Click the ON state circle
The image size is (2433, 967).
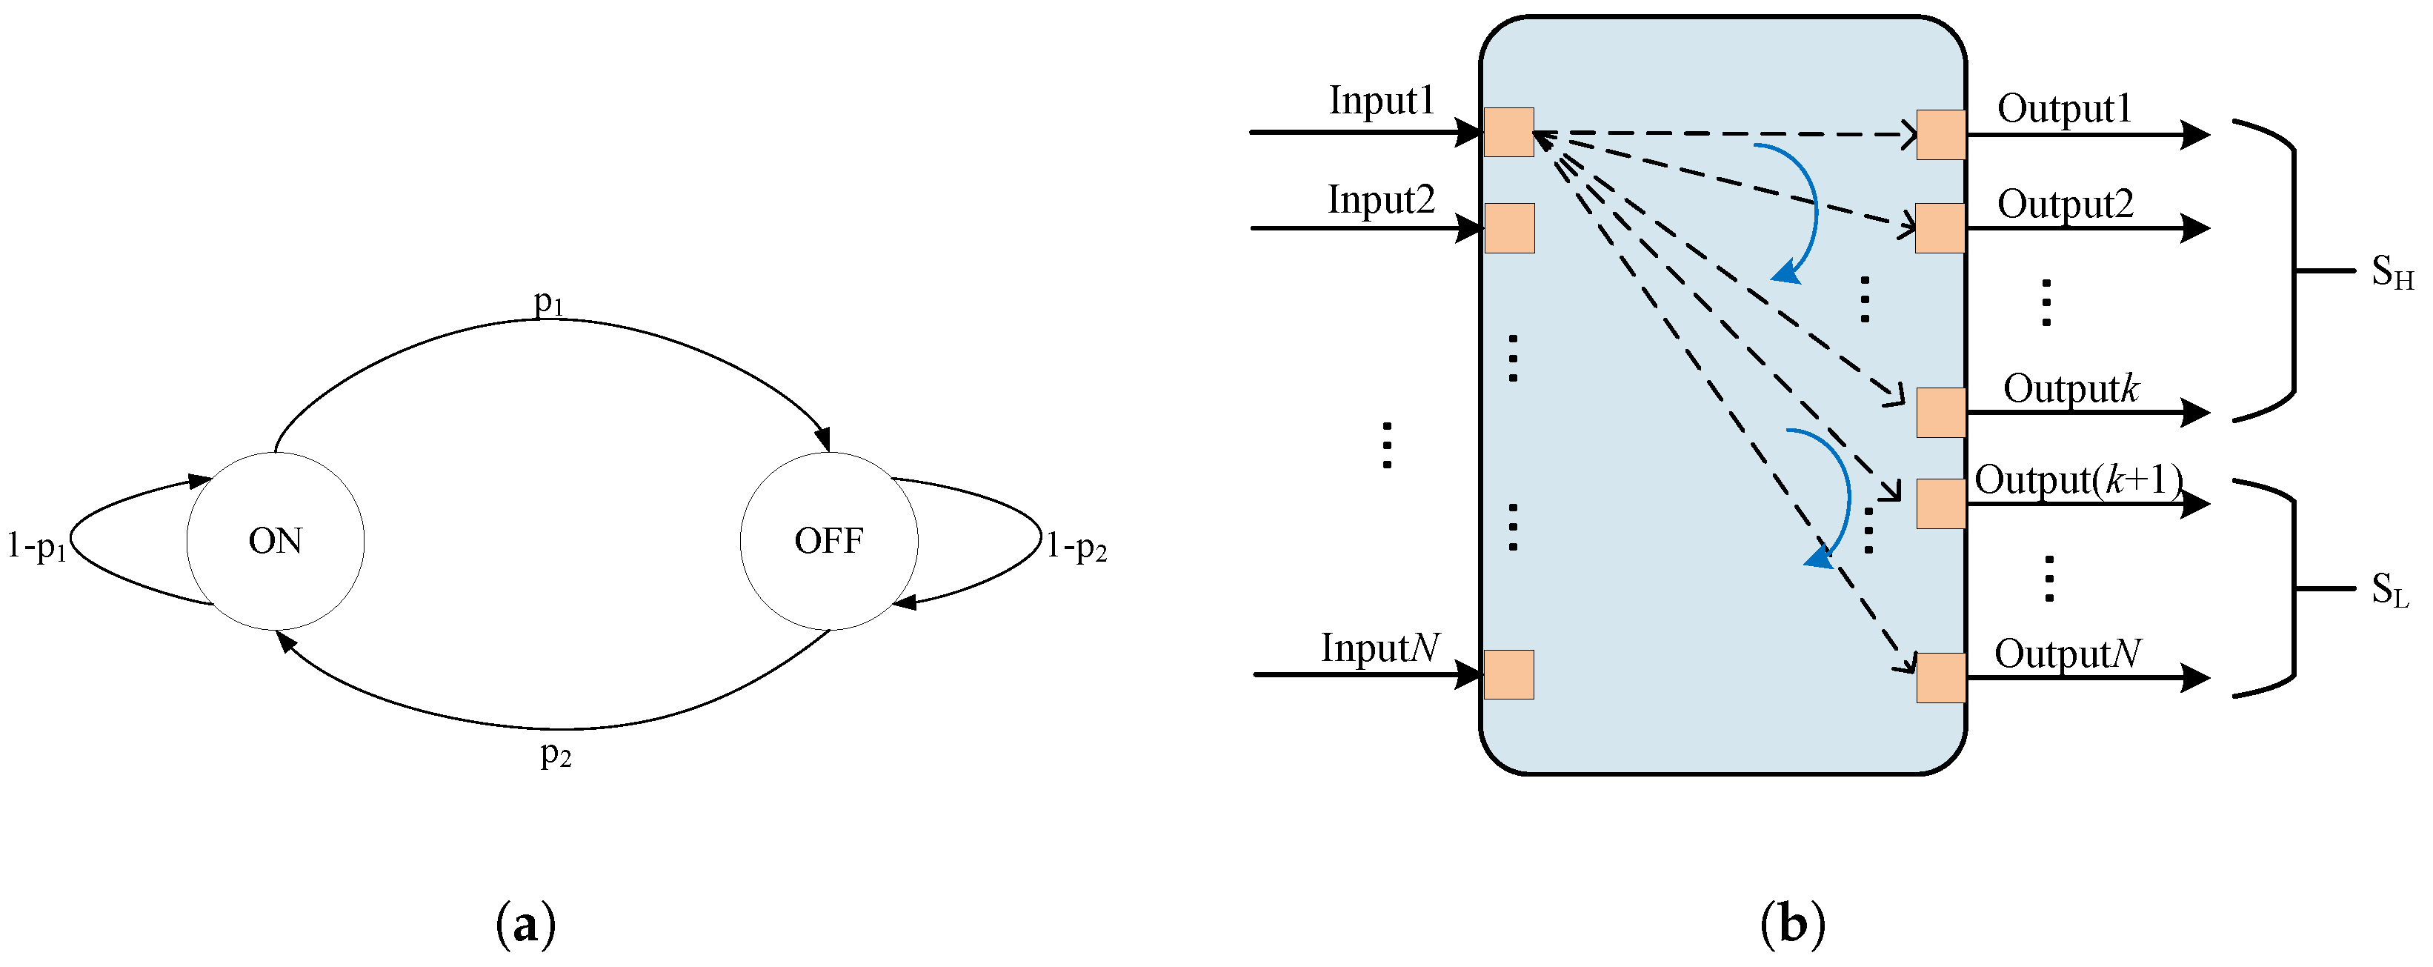point(275,541)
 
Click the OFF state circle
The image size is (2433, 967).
point(828,541)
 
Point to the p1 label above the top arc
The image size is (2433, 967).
point(549,302)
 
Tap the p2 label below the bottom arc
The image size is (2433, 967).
point(556,754)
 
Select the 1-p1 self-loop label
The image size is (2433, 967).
point(37,546)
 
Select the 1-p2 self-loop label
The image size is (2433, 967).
point(1076,546)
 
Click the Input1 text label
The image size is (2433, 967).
point(1381,100)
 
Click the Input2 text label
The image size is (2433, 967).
point(1381,199)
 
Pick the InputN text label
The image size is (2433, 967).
point(1380,648)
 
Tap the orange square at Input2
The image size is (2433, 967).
point(1509,228)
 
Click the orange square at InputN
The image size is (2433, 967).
point(1508,674)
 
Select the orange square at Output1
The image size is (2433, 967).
point(1941,135)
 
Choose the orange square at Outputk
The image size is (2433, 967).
point(1941,413)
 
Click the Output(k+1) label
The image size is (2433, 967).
point(2078,479)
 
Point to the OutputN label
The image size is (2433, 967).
point(2066,654)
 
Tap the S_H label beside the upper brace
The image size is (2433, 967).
point(2392,273)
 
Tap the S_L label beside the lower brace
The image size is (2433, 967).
point(2389,591)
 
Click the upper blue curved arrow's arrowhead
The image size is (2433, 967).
point(1785,274)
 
